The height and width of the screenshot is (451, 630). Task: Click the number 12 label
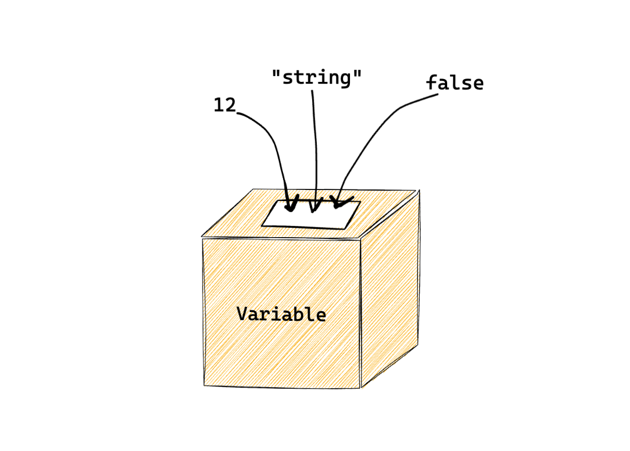[224, 106]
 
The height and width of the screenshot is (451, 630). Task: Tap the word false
[455, 83]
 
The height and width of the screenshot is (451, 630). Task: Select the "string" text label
[317, 77]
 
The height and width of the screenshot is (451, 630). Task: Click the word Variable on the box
[281, 314]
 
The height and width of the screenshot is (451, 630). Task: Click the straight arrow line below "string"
[315, 145]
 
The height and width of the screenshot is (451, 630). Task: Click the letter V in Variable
[242, 314]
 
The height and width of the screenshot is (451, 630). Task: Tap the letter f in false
[431, 83]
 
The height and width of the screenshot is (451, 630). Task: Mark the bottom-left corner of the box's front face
[204, 385]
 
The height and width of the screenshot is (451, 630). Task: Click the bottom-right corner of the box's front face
[360, 388]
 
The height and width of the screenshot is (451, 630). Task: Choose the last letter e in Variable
[321, 316]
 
